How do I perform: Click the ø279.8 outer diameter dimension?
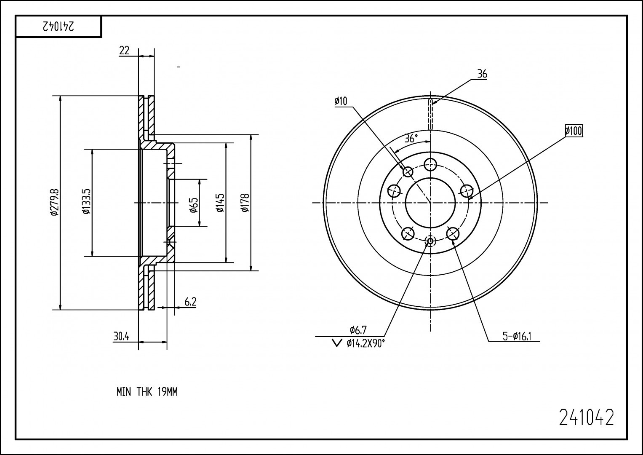[x=54, y=202]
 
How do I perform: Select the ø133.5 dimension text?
[x=87, y=202]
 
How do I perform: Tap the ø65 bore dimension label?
[x=194, y=204]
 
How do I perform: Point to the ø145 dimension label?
[x=220, y=203]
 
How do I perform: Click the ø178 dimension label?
[x=245, y=203]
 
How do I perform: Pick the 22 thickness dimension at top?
[x=124, y=51]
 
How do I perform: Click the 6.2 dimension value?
[x=190, y=302]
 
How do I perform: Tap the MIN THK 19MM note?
[x=147, y=392]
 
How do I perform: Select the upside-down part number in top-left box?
[x=58, y=27]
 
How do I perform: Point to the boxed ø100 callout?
[x=574, y=131]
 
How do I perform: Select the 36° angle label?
[x=411, y=138]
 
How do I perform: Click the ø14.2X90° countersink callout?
[x=365, y=344]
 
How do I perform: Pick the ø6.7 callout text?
[x=358, y=330]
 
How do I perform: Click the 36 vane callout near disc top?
[x=482, y=74]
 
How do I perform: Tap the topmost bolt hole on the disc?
[x=430, y=164]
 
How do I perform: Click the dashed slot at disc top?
[x=430, y=114]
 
